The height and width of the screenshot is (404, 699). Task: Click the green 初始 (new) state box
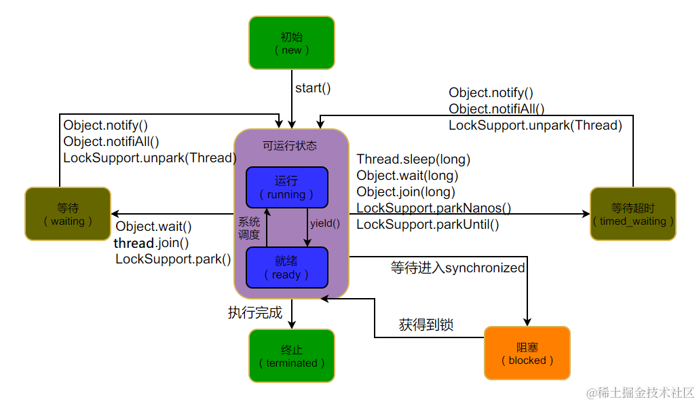291,43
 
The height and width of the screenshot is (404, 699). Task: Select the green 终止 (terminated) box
291,356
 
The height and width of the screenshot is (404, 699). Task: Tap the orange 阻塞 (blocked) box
527,352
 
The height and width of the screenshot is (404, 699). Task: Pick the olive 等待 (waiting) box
67,214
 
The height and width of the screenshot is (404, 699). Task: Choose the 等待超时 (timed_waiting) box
632,214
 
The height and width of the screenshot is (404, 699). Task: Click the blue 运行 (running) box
286,187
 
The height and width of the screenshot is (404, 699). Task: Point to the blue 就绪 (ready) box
286,268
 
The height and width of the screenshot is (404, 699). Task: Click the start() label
313,88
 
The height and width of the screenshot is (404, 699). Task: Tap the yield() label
325,223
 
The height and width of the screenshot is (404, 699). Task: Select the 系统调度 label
248,229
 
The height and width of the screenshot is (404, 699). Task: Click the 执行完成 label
254,313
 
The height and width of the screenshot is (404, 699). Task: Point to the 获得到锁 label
426,325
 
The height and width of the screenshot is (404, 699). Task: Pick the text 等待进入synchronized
457,268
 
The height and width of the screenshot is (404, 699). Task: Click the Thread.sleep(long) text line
413,160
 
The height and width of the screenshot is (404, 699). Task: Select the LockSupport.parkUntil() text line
428,225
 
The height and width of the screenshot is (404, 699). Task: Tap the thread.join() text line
151,243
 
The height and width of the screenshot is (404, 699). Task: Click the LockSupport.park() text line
173,259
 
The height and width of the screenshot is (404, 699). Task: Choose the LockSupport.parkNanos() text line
434,208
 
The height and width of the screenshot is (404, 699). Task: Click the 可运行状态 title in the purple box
290,146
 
